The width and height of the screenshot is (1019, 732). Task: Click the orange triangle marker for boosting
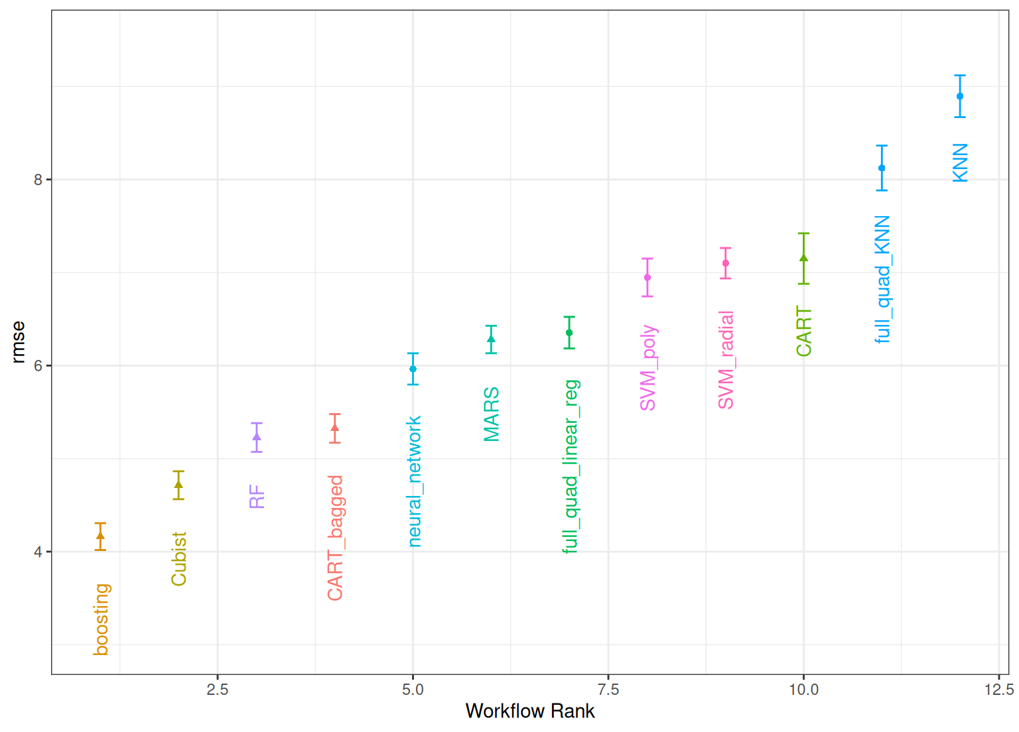click(100, 536)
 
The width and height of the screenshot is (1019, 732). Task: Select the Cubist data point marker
click(178, 485)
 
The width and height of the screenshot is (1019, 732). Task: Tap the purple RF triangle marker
click(257, 436)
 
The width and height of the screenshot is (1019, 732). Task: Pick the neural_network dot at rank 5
click(413, 369)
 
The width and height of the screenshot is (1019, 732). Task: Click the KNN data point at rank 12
click(960, 96)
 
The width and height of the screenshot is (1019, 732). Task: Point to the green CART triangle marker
click(803, 258)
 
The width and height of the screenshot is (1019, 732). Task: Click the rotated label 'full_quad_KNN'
click(882, 279)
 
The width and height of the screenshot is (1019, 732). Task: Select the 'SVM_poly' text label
click(648, 367)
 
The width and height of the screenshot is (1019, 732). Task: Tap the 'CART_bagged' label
click(336, 538)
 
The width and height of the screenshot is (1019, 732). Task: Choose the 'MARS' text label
click(492, 414)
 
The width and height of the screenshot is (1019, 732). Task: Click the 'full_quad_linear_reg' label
click(571, 466)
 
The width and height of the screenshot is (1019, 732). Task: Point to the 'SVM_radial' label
click(726, 359)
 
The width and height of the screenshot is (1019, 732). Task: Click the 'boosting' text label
click(101, 619)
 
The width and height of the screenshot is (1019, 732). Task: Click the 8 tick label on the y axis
click(38, 180)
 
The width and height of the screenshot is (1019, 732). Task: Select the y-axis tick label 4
click(38, 552)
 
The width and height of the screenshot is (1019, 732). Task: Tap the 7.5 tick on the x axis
click(608, 690)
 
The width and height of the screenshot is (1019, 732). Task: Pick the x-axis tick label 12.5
click(998, 690)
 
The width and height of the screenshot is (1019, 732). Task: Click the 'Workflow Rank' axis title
click(530, 711)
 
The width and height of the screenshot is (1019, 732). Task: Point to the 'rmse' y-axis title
click(18, 342)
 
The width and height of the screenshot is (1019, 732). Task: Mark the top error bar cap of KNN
click(960, 76)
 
